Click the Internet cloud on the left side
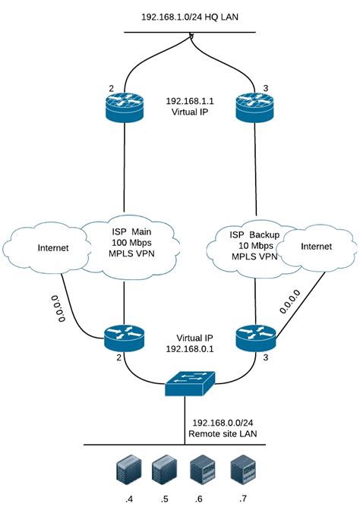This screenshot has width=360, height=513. (45, 247)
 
